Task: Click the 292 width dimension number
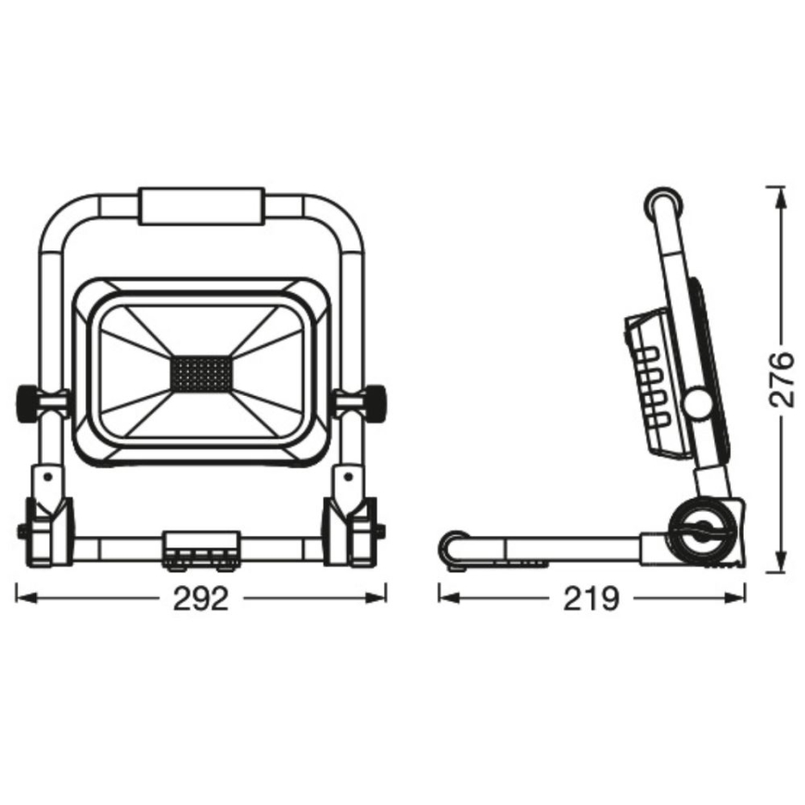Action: [200, 600]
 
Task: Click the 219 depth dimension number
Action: [591, 600]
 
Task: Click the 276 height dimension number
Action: [784, 378]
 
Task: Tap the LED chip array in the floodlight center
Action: [200, 373]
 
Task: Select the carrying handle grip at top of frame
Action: [200, 207]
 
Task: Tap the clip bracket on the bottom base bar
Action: [200, 546]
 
